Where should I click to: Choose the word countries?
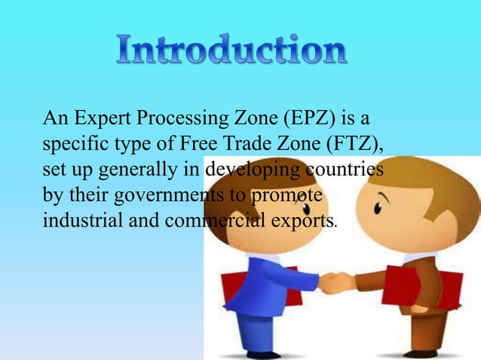348,169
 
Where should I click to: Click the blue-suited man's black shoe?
259,354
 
